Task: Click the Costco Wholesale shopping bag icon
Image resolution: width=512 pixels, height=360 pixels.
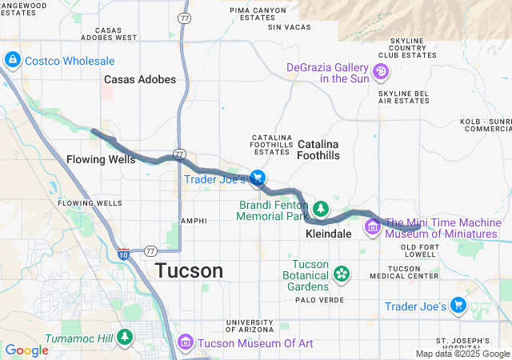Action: point(13,61)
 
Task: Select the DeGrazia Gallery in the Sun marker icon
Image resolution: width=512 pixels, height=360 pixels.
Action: point(382,72)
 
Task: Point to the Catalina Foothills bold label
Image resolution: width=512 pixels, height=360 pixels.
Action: point(318,150)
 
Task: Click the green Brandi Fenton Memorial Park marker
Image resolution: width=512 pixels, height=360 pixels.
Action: point(321,210)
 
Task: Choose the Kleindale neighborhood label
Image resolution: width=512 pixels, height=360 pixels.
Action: point(328,234)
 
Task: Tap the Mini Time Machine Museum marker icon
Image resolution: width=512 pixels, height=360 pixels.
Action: point(372,227)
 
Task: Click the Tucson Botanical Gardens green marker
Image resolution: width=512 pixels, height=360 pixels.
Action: point(342,274)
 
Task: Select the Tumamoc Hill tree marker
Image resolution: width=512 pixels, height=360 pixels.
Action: point(124,337)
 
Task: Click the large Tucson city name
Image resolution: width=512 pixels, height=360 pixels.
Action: point(189,270)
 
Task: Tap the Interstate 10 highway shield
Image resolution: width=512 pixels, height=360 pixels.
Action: point(124,254)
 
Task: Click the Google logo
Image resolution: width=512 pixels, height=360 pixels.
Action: point(26,350)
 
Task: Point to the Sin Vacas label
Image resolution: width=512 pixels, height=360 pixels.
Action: point(287,27)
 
